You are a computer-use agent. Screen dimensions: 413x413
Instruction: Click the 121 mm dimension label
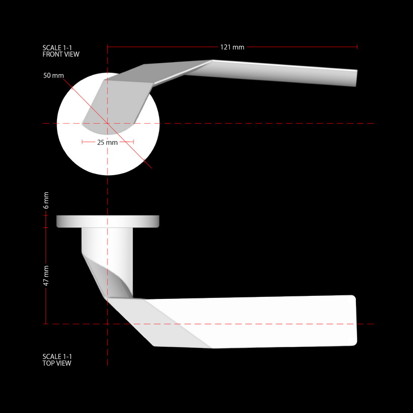232,47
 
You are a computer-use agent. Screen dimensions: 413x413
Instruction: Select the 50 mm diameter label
54,76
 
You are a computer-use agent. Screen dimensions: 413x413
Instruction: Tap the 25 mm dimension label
108,142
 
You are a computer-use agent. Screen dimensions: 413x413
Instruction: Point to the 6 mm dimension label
46,200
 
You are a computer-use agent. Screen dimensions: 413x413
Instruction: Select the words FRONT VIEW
61,54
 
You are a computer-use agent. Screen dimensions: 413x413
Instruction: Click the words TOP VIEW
57,363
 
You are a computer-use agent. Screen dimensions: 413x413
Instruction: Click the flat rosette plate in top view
108,221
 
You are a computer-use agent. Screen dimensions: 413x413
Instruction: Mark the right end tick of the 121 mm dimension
357,47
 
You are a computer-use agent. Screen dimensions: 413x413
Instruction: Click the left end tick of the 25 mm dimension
82,142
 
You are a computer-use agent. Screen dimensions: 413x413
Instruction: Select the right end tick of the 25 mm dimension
133,142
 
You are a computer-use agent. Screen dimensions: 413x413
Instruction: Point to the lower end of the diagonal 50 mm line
151,168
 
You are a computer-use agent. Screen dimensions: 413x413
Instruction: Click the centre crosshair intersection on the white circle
108,123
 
